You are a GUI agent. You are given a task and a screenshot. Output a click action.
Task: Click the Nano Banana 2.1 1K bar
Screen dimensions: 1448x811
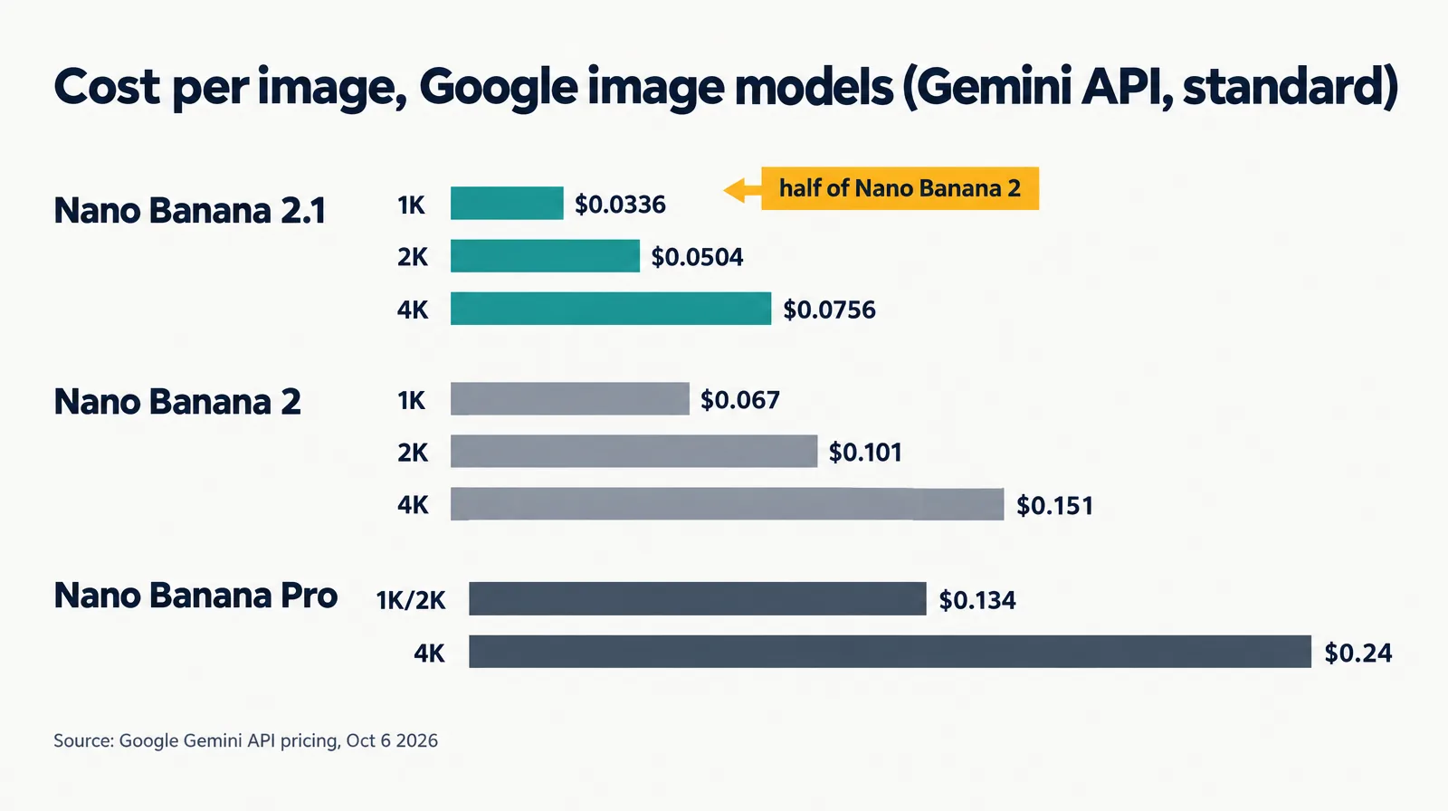coord(507,203)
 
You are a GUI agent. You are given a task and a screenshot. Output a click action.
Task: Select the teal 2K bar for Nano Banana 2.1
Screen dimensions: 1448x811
coord(545,256)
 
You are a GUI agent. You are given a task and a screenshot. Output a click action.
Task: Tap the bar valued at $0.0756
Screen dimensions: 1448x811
coord(611,309)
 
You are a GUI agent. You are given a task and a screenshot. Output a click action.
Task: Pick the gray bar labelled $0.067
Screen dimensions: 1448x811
coord(570,398)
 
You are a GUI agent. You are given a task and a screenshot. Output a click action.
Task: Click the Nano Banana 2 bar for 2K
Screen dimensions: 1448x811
coord(634,451)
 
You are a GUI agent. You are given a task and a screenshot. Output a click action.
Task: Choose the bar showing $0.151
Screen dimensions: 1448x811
coord(728,504)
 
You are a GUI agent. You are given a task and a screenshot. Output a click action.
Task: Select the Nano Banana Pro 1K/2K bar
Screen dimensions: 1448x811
coord(698,598)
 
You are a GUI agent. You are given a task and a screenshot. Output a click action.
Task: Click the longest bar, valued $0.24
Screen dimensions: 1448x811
coord(891,652)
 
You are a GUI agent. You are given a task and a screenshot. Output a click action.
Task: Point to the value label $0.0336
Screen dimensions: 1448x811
coord(620,205)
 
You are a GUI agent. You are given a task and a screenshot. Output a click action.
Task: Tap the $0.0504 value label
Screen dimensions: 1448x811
coord(697,257)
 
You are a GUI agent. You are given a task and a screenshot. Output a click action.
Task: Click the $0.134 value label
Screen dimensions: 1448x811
coord(976,600)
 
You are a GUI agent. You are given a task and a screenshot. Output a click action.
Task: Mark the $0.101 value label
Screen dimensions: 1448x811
coord(865,452)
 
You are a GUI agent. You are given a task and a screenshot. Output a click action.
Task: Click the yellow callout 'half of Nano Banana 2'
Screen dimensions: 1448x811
coord(900,188)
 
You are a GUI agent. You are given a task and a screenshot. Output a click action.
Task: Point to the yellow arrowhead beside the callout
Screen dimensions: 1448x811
coord(734,190)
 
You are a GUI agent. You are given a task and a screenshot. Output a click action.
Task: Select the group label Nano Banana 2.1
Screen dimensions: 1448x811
coord(189,211)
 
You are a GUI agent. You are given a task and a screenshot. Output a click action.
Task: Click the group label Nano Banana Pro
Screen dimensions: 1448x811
coord(195,595)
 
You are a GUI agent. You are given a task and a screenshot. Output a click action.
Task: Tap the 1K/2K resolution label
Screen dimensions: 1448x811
coord(411,600)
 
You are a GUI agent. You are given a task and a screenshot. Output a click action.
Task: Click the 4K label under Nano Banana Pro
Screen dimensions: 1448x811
coord(429,654)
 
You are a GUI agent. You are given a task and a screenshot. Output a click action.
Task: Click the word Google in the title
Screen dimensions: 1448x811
coord(499,87)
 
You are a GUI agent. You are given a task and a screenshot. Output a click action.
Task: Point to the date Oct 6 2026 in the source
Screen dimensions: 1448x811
coord(392,740)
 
